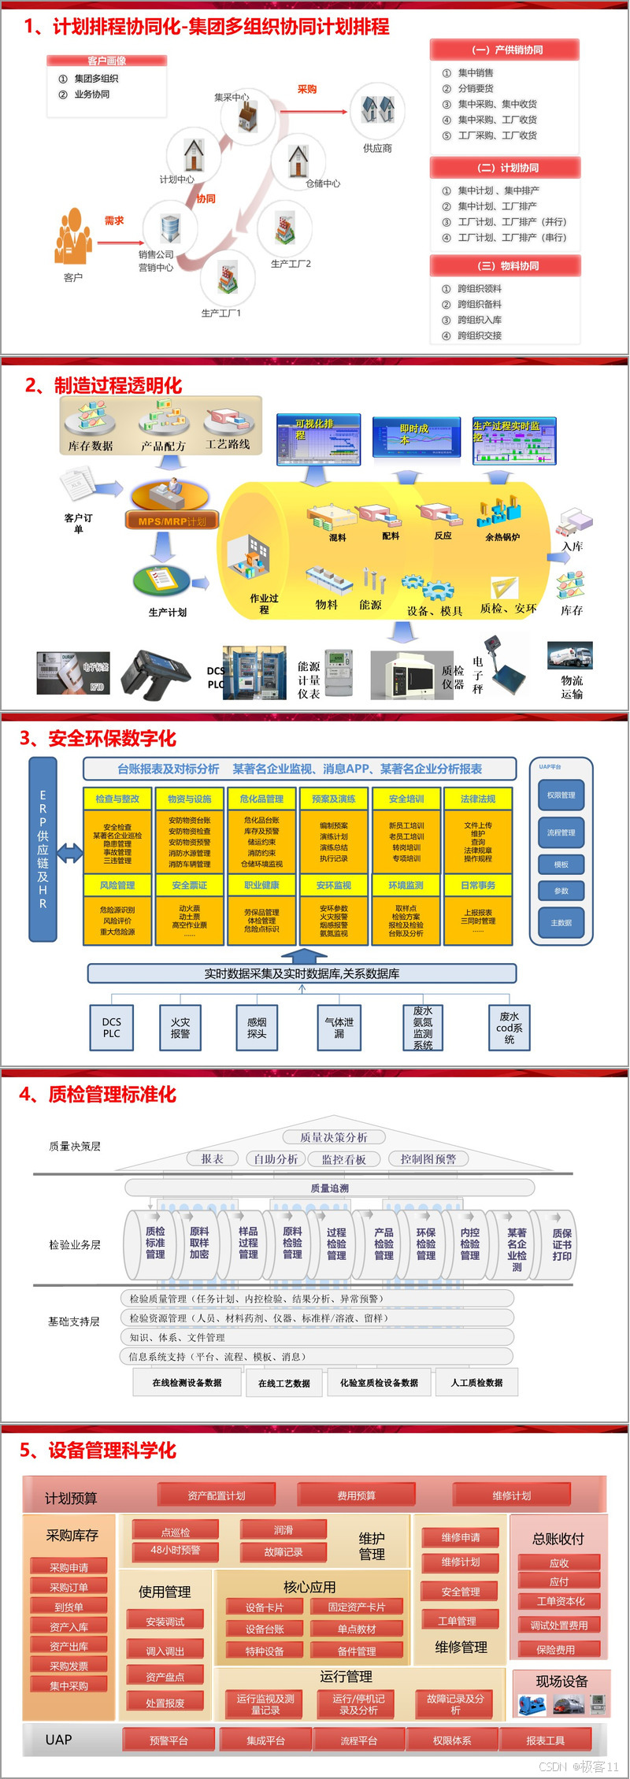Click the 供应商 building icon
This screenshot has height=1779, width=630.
377,110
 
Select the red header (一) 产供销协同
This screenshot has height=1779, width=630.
505,50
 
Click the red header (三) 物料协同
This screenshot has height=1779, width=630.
505,266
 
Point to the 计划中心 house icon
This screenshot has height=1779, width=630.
194,154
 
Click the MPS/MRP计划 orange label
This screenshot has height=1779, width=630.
172,521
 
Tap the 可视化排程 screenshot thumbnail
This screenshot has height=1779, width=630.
318,439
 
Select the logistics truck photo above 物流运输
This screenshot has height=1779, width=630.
569,656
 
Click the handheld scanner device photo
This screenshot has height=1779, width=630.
161,675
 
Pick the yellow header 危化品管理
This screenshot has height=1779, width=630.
261,799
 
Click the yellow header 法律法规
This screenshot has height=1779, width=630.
478,799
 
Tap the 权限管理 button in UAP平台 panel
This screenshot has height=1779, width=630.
561,795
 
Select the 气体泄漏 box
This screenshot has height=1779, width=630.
339,1028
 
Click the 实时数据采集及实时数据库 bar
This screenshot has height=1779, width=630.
302,973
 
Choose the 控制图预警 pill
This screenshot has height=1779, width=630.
428,1158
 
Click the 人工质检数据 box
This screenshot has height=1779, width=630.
476,1382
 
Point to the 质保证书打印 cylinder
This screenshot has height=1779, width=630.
561,1244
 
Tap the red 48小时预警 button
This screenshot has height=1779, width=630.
176,1550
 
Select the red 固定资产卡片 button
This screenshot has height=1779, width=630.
357,1607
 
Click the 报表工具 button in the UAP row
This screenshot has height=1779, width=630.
545,1740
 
